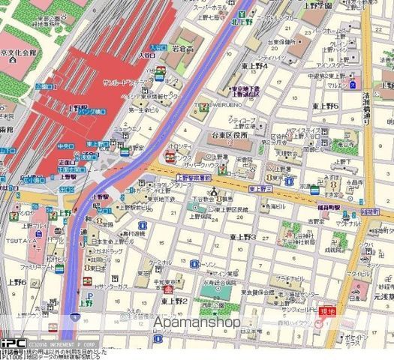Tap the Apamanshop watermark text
197,322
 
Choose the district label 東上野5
326,106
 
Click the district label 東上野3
243,237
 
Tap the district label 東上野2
173,300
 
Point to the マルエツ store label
373,86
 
